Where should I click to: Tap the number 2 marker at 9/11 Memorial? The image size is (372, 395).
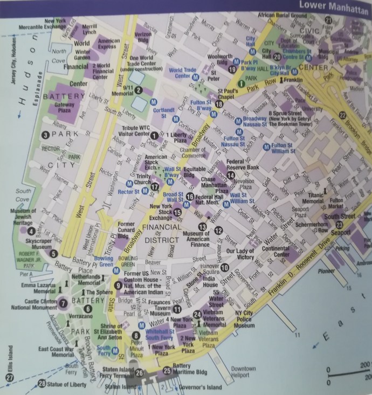click(139, 91)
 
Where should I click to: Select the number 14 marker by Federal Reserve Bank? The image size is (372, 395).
click(231, 175)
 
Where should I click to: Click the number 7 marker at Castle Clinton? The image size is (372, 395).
click(63, 302)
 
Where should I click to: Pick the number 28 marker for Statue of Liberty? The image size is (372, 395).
click(42, 384)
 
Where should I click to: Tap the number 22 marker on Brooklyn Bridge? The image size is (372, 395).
click(342, 115)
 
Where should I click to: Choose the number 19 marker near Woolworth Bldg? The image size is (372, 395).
click(233, 69)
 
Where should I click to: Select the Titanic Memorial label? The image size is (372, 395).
click(313, 198)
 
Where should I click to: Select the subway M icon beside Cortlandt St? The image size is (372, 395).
click(154, 101)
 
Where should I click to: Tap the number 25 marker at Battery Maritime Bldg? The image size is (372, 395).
click(167, 371)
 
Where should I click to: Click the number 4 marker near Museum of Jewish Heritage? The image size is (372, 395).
click(31, 232)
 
